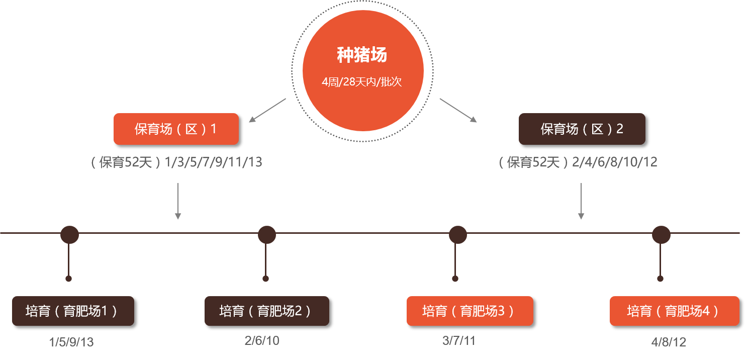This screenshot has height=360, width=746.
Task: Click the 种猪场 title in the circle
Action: [x=362, y=55]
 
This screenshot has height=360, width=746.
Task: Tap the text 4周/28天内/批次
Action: [x=362, y=82]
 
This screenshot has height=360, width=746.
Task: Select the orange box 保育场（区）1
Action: [x=176, y=129]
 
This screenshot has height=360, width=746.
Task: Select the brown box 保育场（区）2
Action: [x=582, y=129]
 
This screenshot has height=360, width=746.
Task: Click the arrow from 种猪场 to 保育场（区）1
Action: [x=267, y=110]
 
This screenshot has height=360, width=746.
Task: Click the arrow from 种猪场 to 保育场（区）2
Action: [x=458, y=110]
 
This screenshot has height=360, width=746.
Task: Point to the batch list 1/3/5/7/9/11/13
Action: [x=214, y=162]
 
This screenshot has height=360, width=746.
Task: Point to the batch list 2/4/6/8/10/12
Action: [x=615, y=162]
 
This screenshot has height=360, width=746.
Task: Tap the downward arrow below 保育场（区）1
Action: [x=177, y=201]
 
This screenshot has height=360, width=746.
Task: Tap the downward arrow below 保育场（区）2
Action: [x=581, y=201]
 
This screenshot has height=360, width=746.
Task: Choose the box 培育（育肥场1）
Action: [x=73, y=311]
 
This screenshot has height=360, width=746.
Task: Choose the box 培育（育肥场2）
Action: [x=266, y=311]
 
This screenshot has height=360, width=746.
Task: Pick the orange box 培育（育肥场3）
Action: [x=470, y=311]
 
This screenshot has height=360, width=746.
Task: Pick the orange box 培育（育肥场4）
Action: [x=674, y=311]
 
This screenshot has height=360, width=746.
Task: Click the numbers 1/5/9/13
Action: [x=71, y=342]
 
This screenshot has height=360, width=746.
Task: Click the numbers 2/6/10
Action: [x=262, y=341]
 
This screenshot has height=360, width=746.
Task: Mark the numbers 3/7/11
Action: [x=458, y=341]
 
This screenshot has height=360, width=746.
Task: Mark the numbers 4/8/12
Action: [x=669, y=342]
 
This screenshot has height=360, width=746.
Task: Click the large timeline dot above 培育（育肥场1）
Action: [x=69, y=234]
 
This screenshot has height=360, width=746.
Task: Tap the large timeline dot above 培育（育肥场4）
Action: [x=661, y=235]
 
